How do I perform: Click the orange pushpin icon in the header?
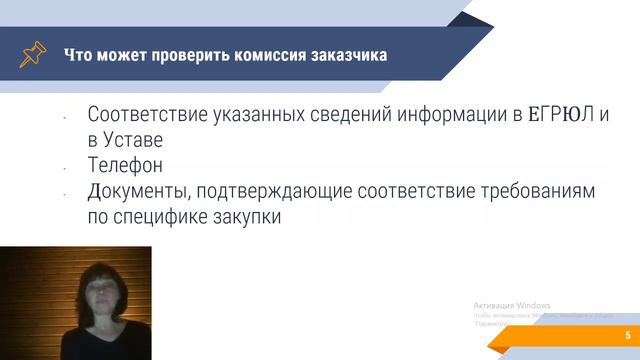pyautogui.click(x=32, y=54)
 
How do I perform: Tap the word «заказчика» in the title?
pyautogui.click(x=349, y=54)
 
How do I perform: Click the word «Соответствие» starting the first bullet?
pyautogui.click(x=150, y=115)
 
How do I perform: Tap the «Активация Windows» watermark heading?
pyautogui.click(x=511, y=305)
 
